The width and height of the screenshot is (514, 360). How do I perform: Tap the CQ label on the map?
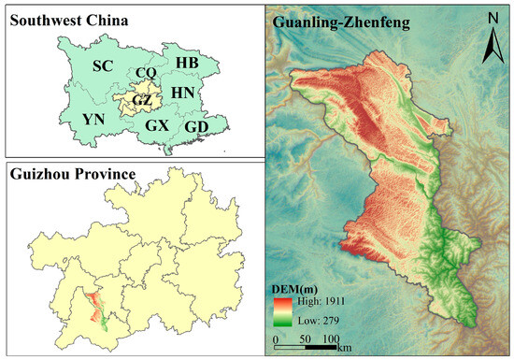pos(146,72)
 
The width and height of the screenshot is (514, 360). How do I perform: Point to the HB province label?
pos(187,62)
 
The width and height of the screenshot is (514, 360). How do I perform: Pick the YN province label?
pos(93,120)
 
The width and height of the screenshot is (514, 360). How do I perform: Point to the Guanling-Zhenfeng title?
pos(342,22)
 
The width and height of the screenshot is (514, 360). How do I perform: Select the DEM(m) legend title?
pos(297,289)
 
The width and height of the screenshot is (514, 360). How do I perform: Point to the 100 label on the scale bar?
pos(331,338)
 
